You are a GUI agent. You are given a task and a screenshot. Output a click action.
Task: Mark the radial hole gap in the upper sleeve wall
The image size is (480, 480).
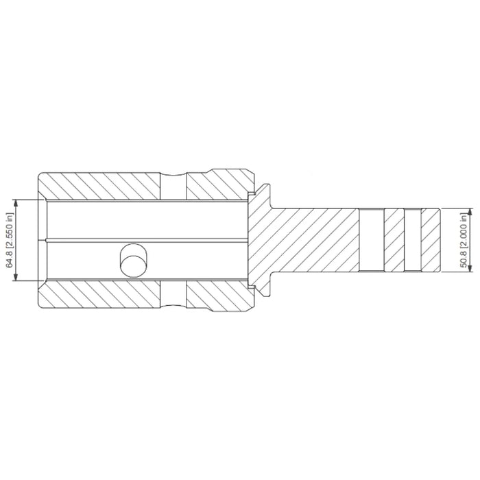(173, 185)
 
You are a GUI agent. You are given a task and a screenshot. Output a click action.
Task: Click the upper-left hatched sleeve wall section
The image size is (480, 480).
(99, 185)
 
